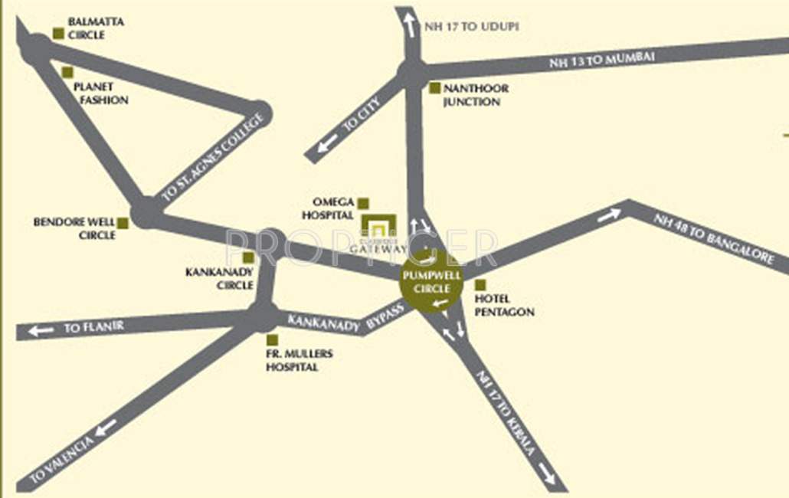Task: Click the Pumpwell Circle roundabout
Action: coord(432,283)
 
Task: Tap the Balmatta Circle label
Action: coord(95,28)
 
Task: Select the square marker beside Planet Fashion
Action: coord(67,73)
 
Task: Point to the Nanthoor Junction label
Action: coord(475,95)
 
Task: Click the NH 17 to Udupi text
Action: coord(471,26)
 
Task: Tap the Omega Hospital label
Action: coord(328,208)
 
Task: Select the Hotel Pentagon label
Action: coord(504,305)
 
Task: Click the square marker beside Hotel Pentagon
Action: coord(480,285)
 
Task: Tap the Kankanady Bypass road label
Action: coord(344,317)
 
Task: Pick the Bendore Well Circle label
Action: coord(74,228)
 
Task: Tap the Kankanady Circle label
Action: coord(219,278)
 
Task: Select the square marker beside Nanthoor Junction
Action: coord(434,88)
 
